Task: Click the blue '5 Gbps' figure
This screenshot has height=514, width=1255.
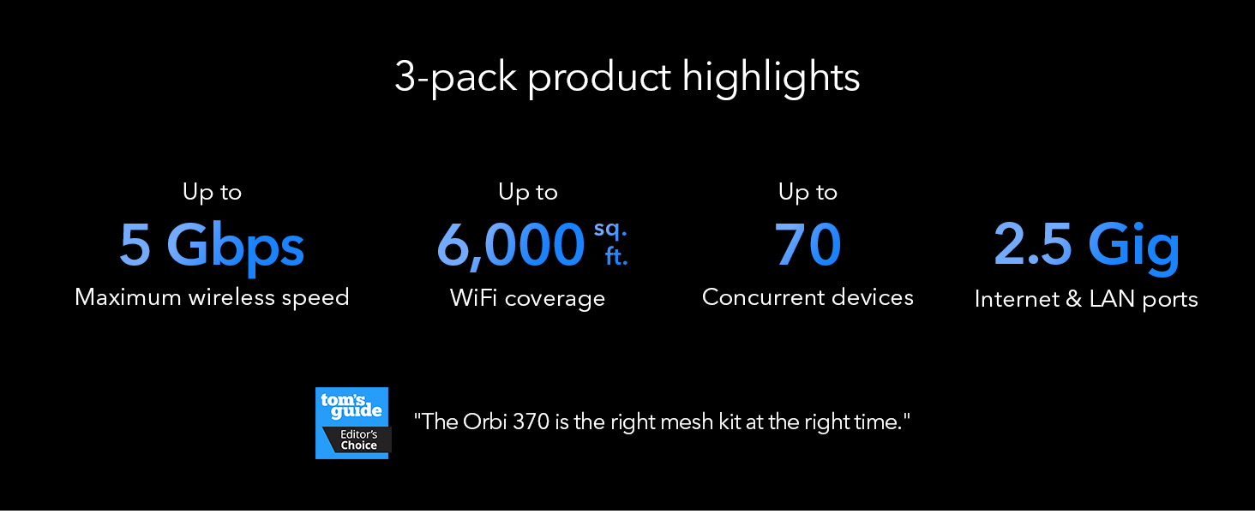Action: point(212,246)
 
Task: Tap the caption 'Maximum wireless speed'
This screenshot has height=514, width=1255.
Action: point(212,297)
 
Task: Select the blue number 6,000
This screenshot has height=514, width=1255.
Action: point(510,245)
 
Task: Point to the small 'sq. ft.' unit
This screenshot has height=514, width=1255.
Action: point(610,243)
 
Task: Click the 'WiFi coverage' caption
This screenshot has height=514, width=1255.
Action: point(527,298)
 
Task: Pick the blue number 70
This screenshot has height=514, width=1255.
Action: point(808,244)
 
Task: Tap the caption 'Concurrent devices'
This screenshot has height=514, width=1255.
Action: point(808,297)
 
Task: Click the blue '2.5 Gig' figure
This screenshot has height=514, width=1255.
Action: point(1086,246)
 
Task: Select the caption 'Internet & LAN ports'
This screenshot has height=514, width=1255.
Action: point(1086,299)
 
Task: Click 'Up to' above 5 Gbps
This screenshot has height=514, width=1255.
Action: point(212,193)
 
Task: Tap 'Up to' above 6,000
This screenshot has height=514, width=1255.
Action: point(528,193)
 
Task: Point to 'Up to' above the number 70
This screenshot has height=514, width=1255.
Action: point(808,193)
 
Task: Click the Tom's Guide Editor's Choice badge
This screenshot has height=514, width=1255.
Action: point(353,423)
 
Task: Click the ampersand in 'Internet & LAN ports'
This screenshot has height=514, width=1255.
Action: point(1073,298)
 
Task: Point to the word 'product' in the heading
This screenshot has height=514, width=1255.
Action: point(599,79)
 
